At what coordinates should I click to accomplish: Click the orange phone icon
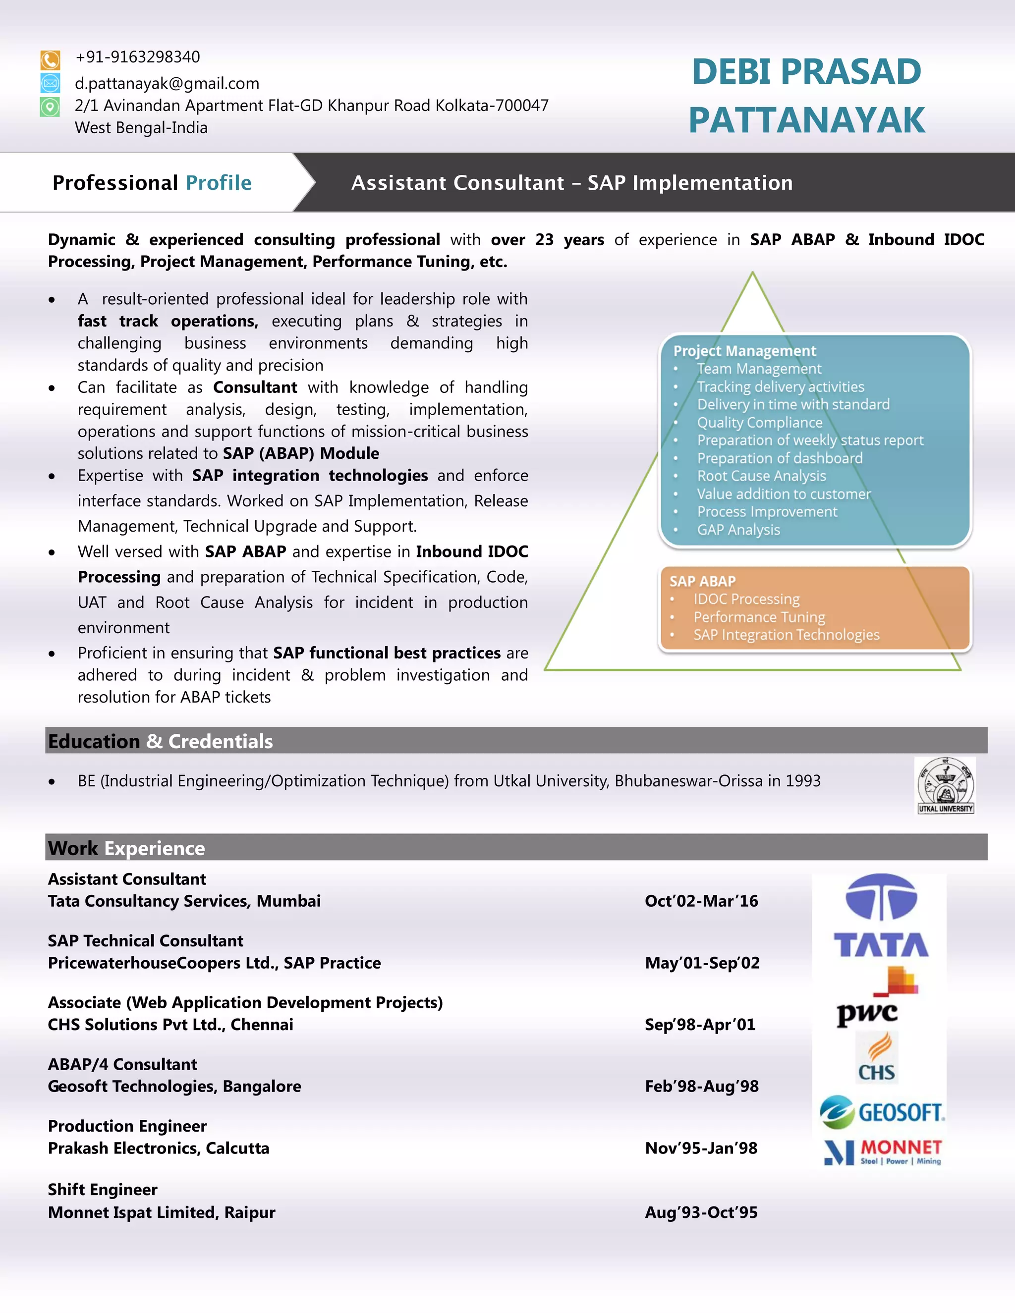pos(50,59)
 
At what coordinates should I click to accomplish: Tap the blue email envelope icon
pos(50,83)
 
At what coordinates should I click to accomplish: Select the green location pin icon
pos(50,107)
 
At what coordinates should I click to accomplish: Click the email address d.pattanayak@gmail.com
pos(167,84)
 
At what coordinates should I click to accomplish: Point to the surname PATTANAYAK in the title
pos(806,119)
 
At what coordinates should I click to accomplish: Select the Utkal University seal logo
pos(945,785)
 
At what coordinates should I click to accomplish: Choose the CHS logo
pos(877,1059)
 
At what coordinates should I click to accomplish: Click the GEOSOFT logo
pos(882,1112)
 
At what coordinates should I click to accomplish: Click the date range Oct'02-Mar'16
pos(701,901)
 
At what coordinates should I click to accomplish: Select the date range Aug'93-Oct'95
pos(701,1212)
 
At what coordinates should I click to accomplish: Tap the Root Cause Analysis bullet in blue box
pos(761,476)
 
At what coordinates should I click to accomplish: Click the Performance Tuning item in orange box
pos(759,617)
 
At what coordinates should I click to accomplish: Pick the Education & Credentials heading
pos(161,741)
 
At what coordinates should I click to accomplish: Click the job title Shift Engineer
pos(103,1190)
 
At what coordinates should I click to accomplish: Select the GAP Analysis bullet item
pos(738,530)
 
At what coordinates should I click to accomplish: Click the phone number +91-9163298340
pos(138,57)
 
